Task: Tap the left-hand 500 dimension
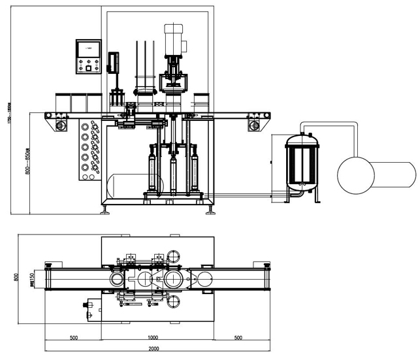73,337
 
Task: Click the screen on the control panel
88,48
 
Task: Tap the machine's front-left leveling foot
104,210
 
